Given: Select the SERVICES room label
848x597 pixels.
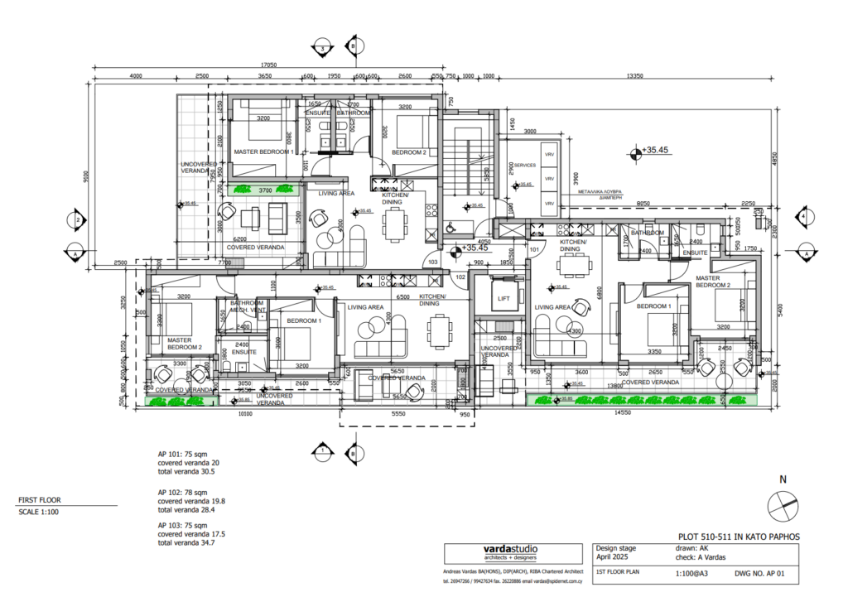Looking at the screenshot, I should coord(525,166).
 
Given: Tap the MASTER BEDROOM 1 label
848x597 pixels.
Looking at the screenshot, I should coord(263,152).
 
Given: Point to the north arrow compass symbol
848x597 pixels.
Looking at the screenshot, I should coord(783,503).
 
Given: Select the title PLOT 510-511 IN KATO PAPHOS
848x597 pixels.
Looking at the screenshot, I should coord(739,537).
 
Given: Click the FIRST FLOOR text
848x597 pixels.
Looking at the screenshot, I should coord(40,500).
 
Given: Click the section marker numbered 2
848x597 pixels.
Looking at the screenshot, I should coord(76,220).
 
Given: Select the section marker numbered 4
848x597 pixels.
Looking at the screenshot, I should coord(802,218).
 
